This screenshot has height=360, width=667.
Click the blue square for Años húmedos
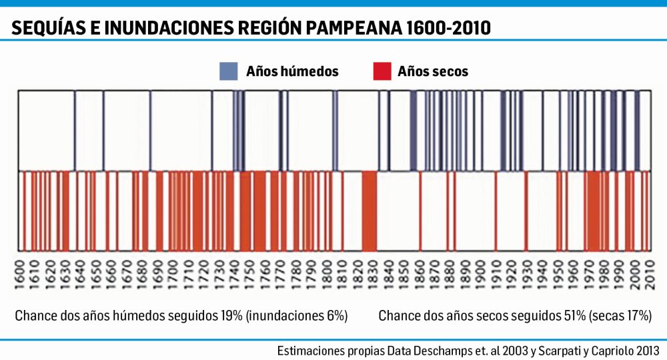point(228,71)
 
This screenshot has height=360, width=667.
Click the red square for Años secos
point(382,71)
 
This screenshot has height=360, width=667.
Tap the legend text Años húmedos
point(292,71)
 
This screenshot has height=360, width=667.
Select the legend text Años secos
point(433,71)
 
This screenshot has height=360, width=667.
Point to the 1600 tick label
point(19,275)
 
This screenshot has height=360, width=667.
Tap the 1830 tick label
point(373,275)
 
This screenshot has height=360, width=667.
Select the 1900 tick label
point(481,275)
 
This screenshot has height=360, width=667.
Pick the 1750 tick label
point(250,275)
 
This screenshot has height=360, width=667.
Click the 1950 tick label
point(558,275)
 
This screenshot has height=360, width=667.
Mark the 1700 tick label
point(173,275)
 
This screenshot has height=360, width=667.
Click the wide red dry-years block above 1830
point(370,211)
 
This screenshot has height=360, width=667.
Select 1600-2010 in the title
point(448,28)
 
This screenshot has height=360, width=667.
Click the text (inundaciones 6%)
point(297,316)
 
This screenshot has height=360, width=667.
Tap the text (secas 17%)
point(620,316)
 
